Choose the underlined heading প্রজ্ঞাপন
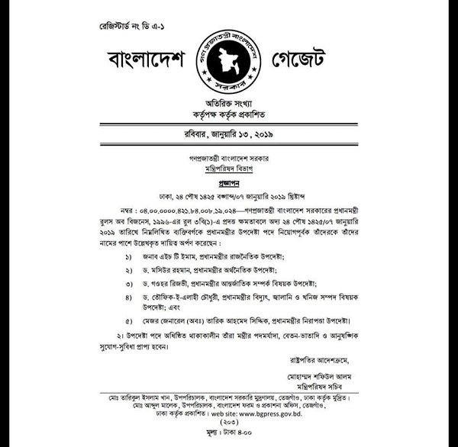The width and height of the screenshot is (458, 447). click(x=228, y=185)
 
